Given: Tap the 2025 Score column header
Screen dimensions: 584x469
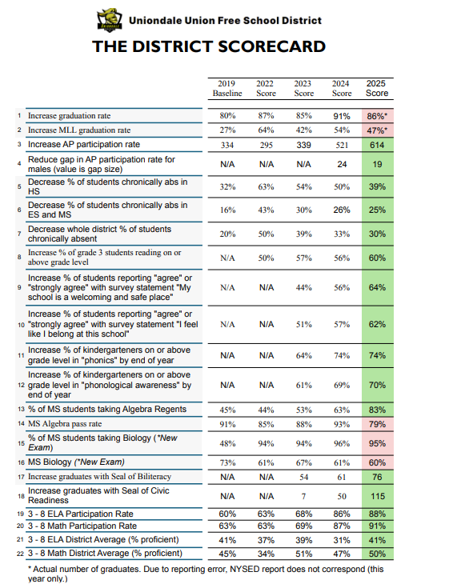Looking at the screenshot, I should pyautogui.click(x=377, y=88).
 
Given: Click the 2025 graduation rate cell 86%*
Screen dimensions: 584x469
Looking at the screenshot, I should pyautogui.click(x=377, y=116).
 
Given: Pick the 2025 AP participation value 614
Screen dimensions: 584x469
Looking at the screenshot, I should pyautogui.click(x=377, y=145).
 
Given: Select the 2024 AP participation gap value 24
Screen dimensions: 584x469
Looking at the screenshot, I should pyautogui.click(x=342, y=165).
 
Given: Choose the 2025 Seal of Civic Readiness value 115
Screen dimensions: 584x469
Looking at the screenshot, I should pyautogui.click(x=377, y=496).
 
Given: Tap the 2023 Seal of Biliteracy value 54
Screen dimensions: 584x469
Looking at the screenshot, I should pyautogui.click(x=303, y=477).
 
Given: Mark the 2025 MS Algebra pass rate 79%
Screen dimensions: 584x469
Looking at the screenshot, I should pyautogui.click(x=377, y=424).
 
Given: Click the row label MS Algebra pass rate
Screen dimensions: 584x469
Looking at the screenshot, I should pyautogui.click(x=65, y=424).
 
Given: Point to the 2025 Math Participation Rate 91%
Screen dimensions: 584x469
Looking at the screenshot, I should pyautogui.click(x=377, y=526).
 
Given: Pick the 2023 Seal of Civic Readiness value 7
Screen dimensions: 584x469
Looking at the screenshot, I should pyautogui.click(x=303, y=496).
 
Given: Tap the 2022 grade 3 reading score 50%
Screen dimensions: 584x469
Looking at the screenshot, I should pyautogui.click(x=267, y=258).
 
